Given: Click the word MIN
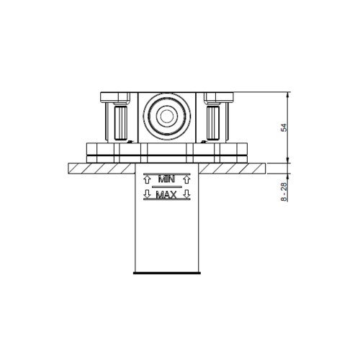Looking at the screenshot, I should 167,177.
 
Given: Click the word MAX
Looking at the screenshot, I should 167,194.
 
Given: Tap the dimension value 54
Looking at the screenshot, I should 284,127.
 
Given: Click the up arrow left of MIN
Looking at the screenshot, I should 148,177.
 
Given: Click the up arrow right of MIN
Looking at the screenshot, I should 186,177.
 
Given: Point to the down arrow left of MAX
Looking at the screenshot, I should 148,194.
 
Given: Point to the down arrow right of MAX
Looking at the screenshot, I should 186,194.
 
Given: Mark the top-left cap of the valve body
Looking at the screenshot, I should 114,96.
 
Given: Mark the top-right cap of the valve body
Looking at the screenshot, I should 219,96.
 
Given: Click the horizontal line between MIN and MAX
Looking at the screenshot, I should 167,186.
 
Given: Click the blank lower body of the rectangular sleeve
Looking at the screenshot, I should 167,238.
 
